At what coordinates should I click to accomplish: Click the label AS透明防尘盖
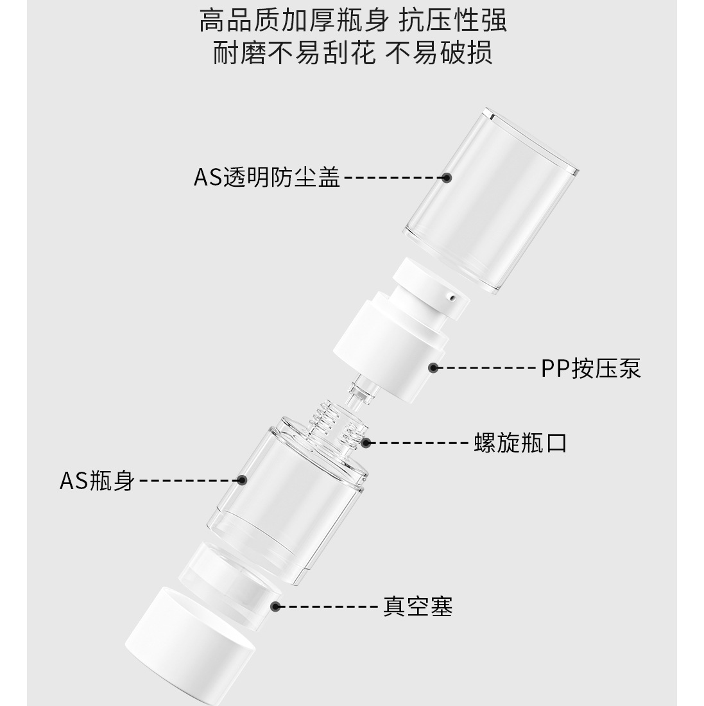coord(266,177)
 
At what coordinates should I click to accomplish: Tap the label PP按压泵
coord(590,368)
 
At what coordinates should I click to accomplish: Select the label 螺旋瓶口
coord(520,443)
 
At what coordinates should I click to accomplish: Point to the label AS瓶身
coord(98,481)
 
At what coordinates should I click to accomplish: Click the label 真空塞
coord(418,607)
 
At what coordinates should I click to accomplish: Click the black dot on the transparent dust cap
coord(446,177)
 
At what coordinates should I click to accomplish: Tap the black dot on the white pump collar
coord(433,368)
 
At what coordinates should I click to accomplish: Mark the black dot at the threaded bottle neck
coord(366,443)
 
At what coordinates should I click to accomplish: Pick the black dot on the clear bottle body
coord(242,480)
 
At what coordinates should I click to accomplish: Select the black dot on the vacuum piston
coord(276,607)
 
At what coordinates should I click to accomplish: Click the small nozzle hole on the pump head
coord(451,297)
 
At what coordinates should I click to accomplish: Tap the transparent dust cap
coord(491,200)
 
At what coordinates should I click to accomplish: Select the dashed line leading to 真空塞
coord(329,607)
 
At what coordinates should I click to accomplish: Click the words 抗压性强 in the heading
coord(453,21)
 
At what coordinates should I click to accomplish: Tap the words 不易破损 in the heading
coord(439,53)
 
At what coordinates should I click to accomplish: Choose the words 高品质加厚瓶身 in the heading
coord(294,21)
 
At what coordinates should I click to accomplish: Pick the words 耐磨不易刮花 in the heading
coord(294,53)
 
